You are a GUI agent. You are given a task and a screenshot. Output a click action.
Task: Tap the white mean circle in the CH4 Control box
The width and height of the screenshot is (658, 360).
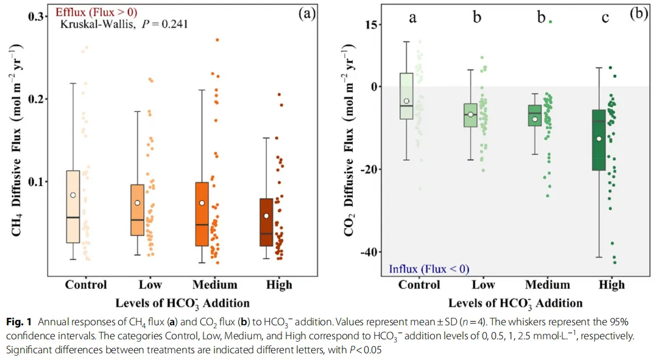pyautogui.click(x=73, y=195)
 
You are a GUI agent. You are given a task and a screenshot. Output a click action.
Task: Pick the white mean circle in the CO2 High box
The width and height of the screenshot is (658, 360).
pyautogui.click(x=599, y=139)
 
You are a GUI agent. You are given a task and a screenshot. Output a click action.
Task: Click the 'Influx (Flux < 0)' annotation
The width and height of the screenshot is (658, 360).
pyautogui.click(x=428, y=269)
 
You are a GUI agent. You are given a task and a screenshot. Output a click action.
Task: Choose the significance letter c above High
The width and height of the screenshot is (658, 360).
pyautogui.click(x=605, y=18)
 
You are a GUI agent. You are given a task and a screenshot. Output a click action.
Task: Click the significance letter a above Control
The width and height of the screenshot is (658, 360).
pyautogui.click(x=412, y=18)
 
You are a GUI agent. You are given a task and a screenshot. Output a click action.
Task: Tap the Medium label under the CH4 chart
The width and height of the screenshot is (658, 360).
pyautogui.click(x=214, y=284)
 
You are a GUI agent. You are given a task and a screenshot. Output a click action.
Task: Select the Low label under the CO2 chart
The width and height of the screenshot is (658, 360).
pyautogui.click(x=483, y=284)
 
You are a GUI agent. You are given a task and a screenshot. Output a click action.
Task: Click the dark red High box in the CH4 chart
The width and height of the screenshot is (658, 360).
pyautogui.click(x=266, y=222)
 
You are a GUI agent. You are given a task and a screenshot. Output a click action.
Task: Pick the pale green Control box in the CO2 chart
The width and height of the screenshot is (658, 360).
pyautogui.click(x=406, y=96)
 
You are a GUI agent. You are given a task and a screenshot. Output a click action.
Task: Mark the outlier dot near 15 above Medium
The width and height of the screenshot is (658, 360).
pyautogui.click(x=550, y=21)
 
